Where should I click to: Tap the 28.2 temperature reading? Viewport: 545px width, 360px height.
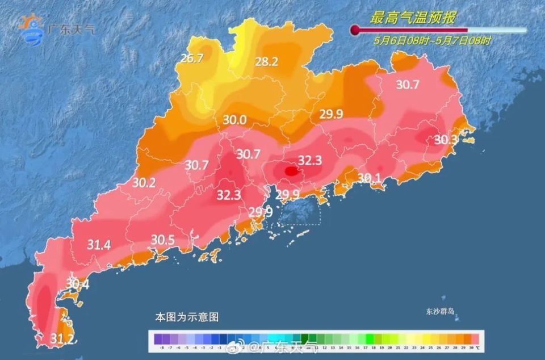(x=266, y=62)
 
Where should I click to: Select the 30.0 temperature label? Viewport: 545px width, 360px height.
(x=234, y=120)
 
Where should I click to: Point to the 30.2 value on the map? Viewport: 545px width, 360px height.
(x=144, y=183)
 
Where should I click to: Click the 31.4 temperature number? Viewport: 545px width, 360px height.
(x=99, y=245)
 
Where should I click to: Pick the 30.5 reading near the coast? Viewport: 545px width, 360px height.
(x=163, y=240)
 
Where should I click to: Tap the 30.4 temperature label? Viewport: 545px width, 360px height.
(x=78, y=283)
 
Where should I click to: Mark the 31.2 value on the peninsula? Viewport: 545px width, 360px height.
(x=62, y=338)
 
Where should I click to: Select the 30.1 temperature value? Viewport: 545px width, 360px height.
(x=369, y=178)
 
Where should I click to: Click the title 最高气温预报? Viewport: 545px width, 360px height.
(x=412, y=18)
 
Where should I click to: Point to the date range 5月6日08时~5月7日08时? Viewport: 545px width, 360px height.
(x=432, y=41)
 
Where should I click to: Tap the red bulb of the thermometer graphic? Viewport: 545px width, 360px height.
(x=356, y=30)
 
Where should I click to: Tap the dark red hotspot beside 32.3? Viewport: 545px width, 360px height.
(x=290, y=170)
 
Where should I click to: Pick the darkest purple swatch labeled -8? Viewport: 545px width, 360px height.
(x=162, y=338)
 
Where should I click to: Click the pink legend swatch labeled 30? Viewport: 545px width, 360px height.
(x=471, y=338)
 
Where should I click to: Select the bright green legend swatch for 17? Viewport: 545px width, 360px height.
(x=370, y=338)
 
